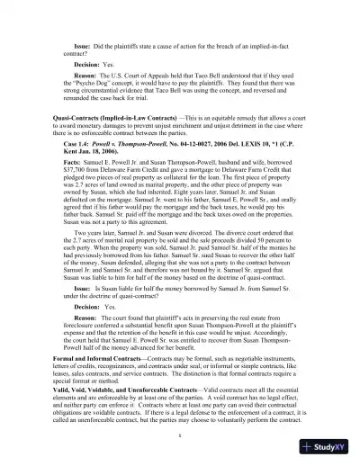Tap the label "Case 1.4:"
pos(90,144)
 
